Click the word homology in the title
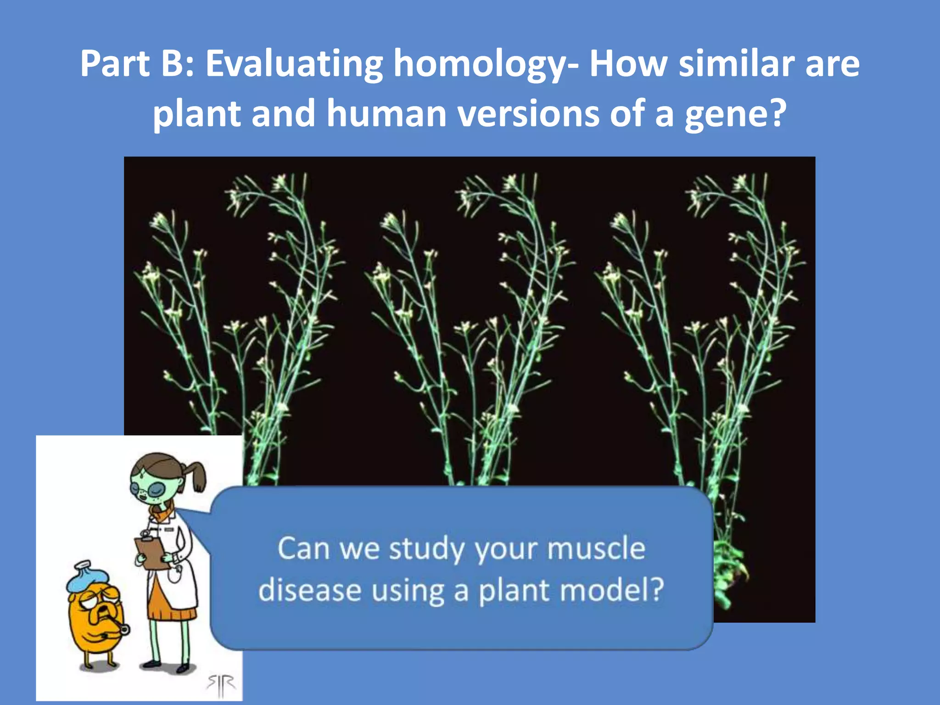coord(480,64)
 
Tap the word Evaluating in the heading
coord(294,64)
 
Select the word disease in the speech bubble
coord(309,590)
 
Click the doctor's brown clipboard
coord(151,553)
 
